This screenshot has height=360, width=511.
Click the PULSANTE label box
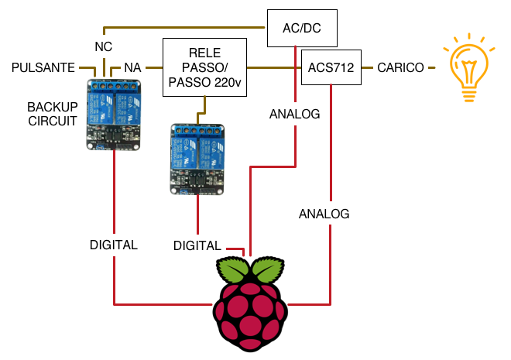tap(43, 68)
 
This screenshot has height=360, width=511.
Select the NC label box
tap(104, 46)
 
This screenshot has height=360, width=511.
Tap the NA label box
tap(132, 68)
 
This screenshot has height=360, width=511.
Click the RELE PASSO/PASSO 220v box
tap(204, 68)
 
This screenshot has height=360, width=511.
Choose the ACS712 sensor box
tap(331, 68)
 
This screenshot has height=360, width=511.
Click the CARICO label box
tap(401, 68)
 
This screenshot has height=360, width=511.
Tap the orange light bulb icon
tap(468, 68)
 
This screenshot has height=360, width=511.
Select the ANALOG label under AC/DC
tap(295, 114)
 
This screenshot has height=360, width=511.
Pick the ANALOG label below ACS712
tap(324, 213)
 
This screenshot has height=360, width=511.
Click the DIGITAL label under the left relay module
tap(114, 245)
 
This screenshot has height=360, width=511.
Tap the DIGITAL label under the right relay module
tap(197, 245)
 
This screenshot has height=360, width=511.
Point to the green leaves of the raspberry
tap(250, 270)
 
